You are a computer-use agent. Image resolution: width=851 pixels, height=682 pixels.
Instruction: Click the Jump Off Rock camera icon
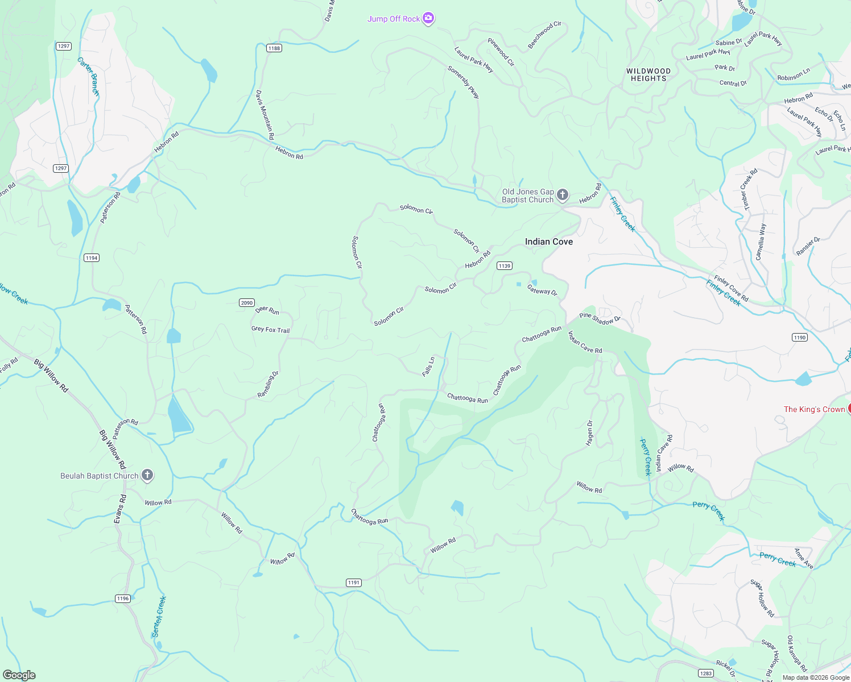click(x=428, y=19)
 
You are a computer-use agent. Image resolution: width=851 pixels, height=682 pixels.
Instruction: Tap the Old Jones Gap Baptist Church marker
click(x=562, y=196)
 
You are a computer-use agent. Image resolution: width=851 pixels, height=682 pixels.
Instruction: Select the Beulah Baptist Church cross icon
click(x=147, y=475)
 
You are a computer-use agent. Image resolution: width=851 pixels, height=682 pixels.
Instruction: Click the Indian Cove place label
click(x=548, y=242)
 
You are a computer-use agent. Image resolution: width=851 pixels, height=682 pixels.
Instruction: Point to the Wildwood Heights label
click(x=648, y=75)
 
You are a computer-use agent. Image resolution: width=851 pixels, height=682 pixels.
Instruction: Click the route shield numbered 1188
click(x=274, y=48)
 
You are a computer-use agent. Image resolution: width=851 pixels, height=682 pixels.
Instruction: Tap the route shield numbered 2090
click(x=247, y=303)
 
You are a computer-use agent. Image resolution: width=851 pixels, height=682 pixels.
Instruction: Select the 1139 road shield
click(x=504, y=266)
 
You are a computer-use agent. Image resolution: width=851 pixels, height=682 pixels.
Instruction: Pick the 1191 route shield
click(x=354, y=583)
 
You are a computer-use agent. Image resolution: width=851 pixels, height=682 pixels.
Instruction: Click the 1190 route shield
click(x=800, y=338)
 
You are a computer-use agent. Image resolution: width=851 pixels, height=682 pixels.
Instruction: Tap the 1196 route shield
click(x=123, y=598)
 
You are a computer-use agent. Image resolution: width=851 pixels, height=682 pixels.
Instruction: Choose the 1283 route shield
click(x=706, y=673)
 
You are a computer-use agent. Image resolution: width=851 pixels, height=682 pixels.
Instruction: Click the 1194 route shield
click(x=92, y=258)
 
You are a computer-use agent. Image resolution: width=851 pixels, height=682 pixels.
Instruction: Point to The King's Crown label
click(x=814, y=409)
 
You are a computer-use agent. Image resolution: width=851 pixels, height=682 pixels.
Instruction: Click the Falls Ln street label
click(x=428, y=367)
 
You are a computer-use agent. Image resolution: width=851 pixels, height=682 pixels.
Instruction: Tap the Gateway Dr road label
click(x=542, y=290)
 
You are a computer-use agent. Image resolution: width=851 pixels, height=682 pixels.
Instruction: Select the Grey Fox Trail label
click(x=270, y=329)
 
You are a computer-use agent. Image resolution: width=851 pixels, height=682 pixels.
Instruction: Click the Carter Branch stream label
click(x=89, y=77)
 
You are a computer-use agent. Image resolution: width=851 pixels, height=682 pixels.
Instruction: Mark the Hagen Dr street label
click(x=589, y=433)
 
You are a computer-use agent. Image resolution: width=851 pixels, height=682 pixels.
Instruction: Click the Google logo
click(x=19, y=675)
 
